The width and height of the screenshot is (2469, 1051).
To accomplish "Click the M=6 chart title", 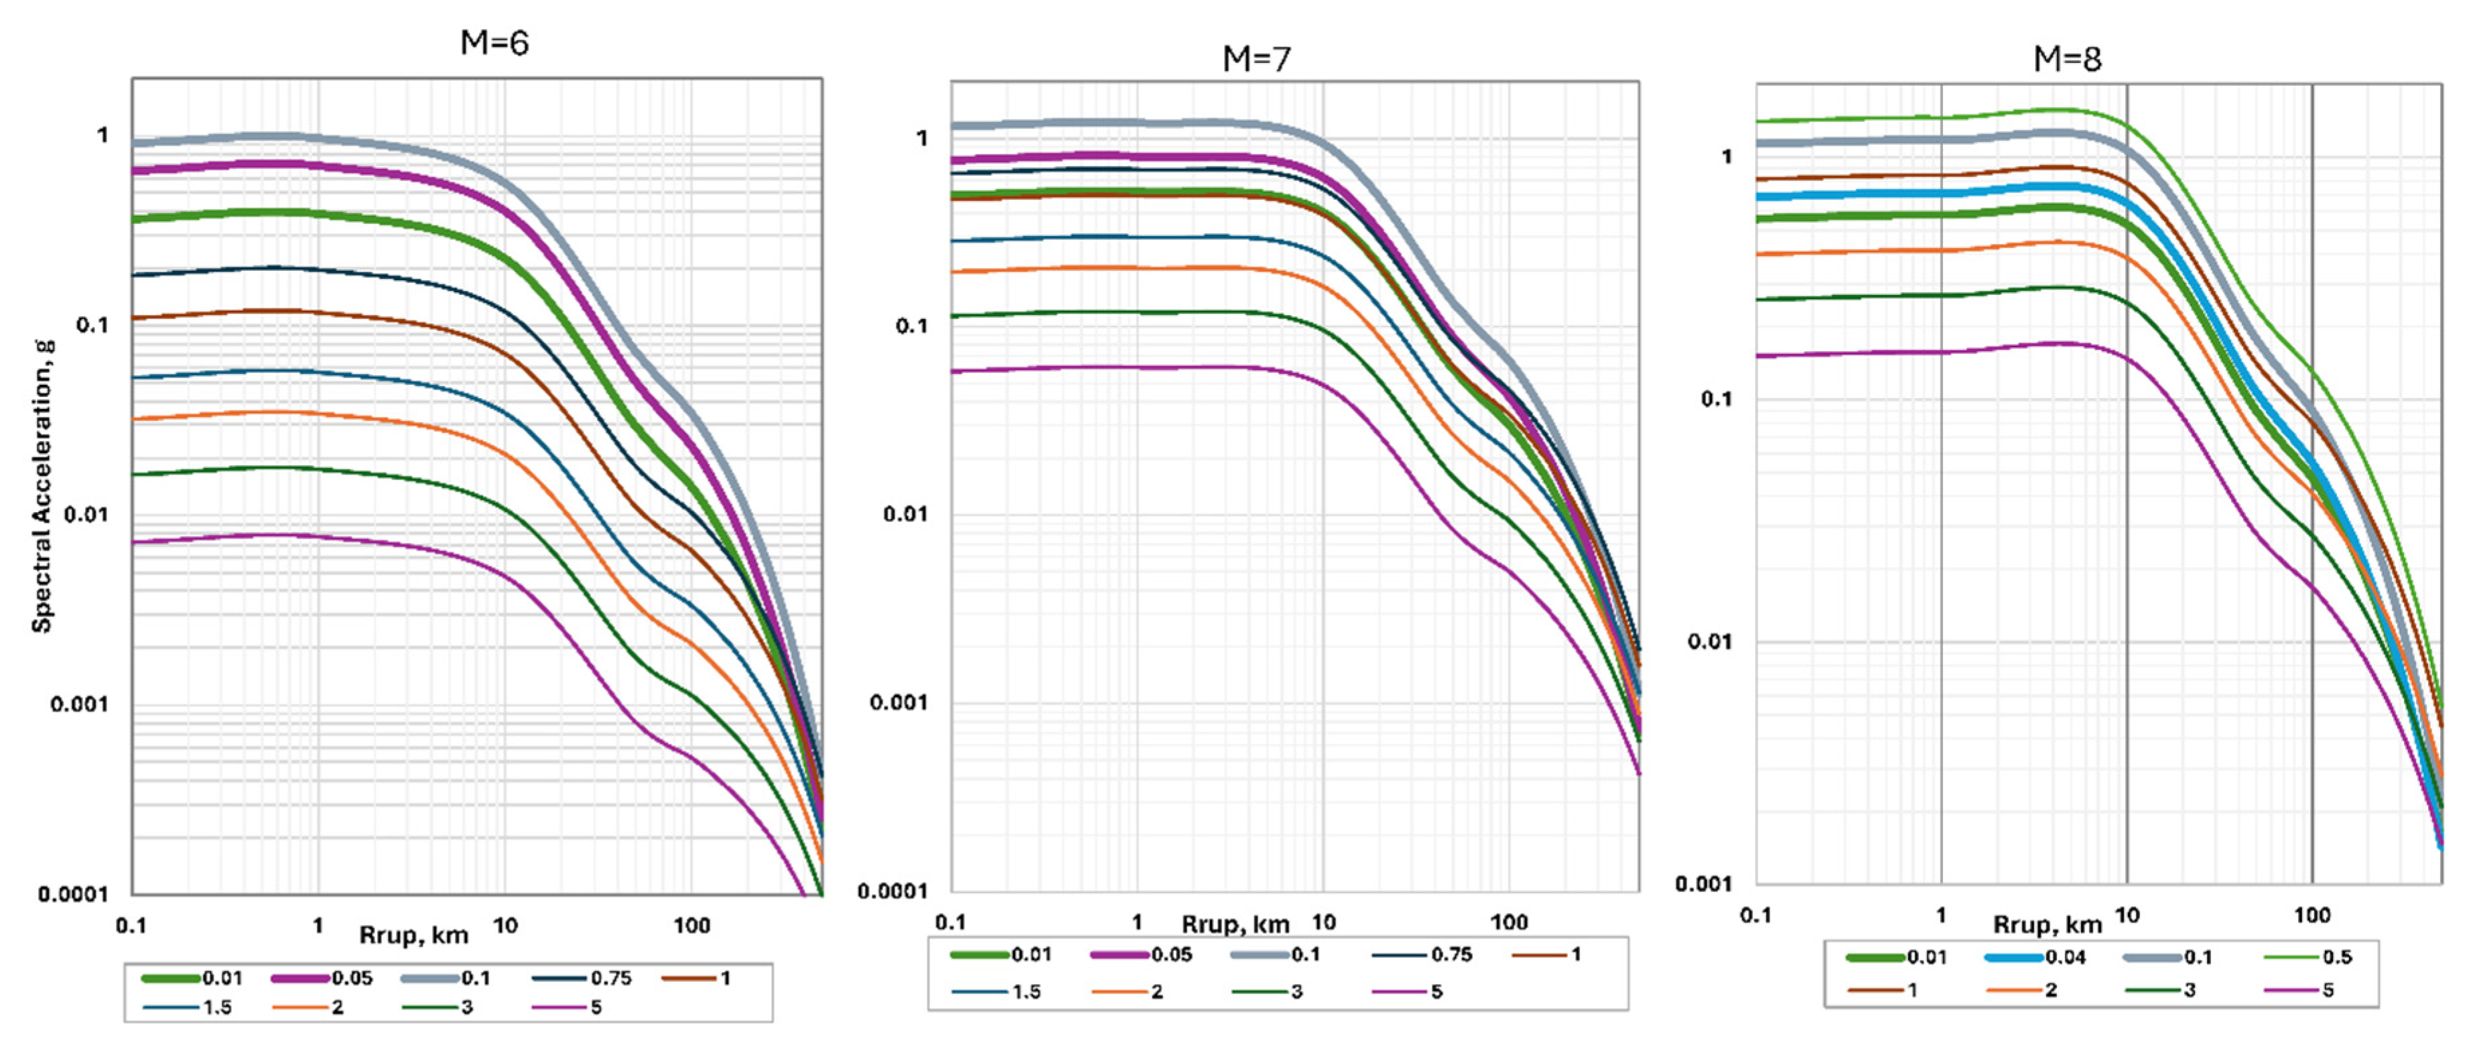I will (x=494, y=43).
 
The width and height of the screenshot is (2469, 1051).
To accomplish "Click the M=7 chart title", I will (x=1256, y=60).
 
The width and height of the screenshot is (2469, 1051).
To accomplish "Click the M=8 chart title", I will (x=2068, y=60).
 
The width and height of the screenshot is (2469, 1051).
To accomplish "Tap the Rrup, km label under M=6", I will (x=413, y=935).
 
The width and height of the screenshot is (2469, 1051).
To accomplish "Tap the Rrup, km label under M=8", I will (x=2048, y=924).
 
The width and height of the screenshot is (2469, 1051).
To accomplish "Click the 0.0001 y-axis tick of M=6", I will (x=74, y=893).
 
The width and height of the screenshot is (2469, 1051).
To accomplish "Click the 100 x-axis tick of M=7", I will (x=1509, y=922).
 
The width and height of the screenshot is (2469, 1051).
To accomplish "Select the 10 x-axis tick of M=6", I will (x=505, y=926).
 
